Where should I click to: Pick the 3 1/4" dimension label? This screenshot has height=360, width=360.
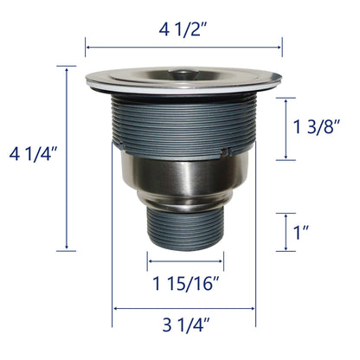pyautogui.click(x=185, y=326)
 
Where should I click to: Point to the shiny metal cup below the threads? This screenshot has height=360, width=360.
pyautogui.click(x=184, y=182)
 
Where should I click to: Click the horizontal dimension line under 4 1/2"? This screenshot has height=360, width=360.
pyautogui.click(x=184, y=48)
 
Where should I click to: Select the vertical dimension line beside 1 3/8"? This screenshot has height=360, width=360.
pyautogui.click(x=285, y=128)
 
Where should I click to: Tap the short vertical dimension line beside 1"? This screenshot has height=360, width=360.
pyautogui.click(x=285, y=232)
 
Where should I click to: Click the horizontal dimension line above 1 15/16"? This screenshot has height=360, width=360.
pyautogui.click(x=185, y=259)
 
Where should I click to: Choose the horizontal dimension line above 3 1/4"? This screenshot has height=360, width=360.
pyautogui.click(x=185, y=307)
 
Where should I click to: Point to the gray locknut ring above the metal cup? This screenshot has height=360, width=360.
pyautogui.click(x=184, y=154)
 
